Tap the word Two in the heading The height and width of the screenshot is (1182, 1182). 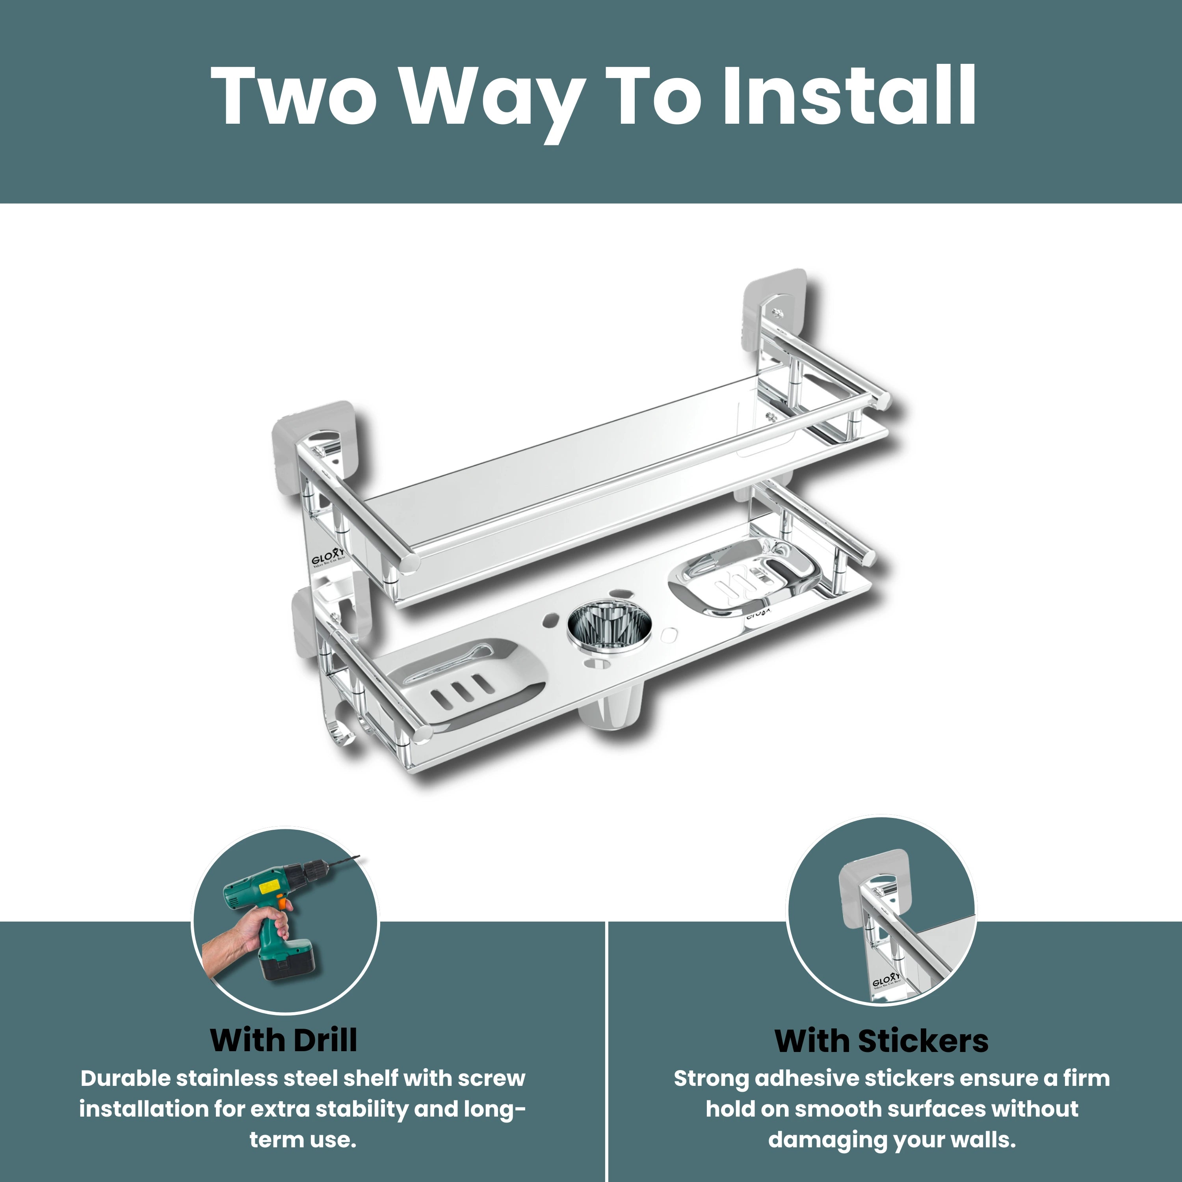click(x=294, y=96)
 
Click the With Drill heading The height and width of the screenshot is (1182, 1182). click(x=283, y=1040)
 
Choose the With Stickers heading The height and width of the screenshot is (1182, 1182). click(x=881, y=1041)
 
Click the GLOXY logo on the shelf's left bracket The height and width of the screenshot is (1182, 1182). click(x=329, y=559)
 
